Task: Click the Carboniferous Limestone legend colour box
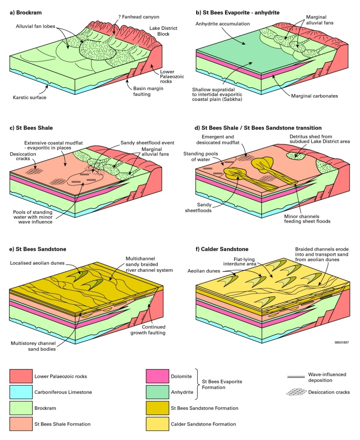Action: (21, 392)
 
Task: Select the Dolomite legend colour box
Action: (157, 376)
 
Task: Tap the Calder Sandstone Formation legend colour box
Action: (157, 424)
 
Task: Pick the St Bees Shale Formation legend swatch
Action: (21, 424)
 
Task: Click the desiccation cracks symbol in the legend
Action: (296, 392)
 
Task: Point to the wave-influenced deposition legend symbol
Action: (296, 376)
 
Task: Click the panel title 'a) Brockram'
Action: (26, 12)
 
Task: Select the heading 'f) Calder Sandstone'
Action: (222, 249)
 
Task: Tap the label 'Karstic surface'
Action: (30, 97)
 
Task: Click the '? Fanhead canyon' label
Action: (139, 17)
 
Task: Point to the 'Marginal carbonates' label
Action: (314, 96)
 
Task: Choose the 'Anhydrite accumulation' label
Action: (222, 24)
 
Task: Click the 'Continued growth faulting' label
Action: (148, 330)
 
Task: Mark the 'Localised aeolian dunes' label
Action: (37, 263)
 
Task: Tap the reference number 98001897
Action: (342, 342)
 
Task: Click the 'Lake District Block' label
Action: (163, 31)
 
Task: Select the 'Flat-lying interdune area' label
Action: (239, 262)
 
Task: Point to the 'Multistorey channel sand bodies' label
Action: (33, 346)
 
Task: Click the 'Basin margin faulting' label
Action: (148, 91)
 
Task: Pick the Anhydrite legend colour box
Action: (157, 392)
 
